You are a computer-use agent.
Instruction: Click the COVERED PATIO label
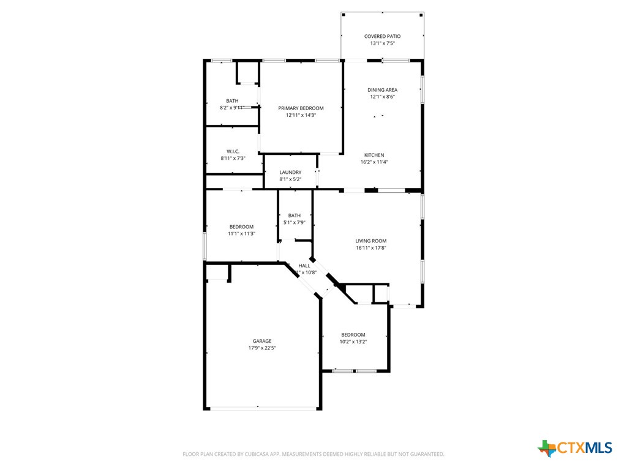(382, 37)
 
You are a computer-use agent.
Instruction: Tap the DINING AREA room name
(382, 90)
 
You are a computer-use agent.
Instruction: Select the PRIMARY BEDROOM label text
(301, 108)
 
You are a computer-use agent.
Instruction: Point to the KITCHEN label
(374, 155)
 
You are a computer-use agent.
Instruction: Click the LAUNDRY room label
(290, 173)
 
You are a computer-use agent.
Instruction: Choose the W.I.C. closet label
(233, 151)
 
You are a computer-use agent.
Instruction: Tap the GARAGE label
(262, 341)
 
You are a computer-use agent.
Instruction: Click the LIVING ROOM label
(371, 241)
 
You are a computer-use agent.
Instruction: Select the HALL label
(304, 266)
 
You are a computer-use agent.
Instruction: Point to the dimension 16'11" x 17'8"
(371, 248)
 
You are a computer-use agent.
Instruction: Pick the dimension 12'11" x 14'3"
(301, 115)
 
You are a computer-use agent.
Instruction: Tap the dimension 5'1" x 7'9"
(295, 222)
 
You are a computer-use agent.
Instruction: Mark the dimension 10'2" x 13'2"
(353, 341)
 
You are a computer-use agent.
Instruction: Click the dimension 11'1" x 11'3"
(241, 233)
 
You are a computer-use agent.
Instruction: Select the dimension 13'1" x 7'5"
(382, 43)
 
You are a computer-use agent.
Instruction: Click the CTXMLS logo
(575, 448)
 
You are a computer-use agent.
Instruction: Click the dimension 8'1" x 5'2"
(290, 179)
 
